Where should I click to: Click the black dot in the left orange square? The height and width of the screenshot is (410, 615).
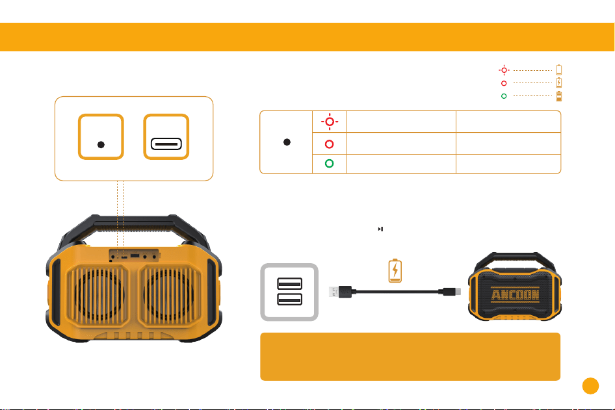pos(101,145)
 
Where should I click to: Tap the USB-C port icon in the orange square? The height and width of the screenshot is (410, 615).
pos(166,144)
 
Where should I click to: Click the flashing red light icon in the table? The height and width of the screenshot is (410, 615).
pos(330,122)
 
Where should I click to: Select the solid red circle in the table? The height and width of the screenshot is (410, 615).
pos(330,144)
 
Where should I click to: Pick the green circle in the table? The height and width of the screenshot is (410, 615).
pos(330,164)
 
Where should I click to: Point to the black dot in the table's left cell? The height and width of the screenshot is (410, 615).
pos(287,142)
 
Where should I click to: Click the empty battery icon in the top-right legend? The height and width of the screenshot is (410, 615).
pos(559,70)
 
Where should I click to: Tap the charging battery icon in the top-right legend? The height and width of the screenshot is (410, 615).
pos(559,83)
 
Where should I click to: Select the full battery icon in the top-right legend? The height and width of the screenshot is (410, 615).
pos(559,96)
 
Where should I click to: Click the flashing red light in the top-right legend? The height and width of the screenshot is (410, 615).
pos(504,70)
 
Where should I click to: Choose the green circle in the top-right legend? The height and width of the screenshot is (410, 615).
pos(504,96)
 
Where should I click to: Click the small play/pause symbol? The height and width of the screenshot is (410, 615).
pos(380,229)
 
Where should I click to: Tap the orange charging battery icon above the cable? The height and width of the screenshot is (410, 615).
pos(395,270)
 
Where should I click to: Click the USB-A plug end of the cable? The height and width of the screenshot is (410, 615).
pos(340,292)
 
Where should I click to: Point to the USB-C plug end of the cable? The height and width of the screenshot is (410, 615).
pos(452,292)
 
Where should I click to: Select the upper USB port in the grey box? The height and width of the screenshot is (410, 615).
pos(289,283)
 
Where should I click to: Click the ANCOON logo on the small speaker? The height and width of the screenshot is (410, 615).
pos(515,294)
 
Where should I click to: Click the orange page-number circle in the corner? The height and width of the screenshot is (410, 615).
pos(590,386)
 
